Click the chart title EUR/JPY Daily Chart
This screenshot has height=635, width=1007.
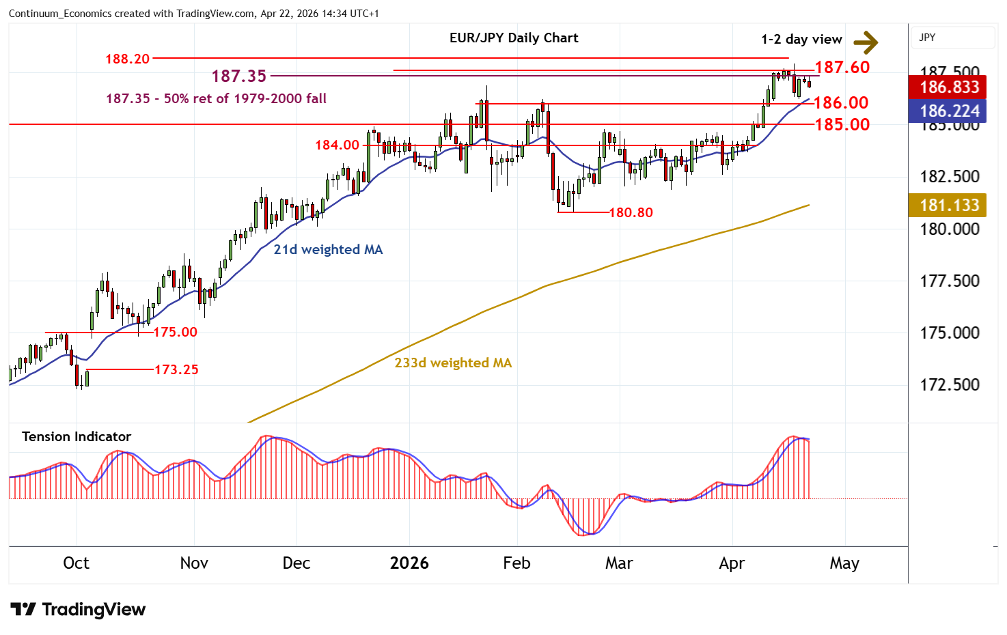(x=514, y=38)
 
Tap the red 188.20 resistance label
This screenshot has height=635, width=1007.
(x=127, y=59)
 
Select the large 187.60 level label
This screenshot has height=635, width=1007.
(x=842, y=67)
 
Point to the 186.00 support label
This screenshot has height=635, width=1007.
(x=841, y=102)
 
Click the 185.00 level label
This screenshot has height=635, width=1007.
(x=842, y=124)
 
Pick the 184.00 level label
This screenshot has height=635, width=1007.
(x=337, y=145)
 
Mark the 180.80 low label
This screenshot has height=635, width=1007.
(x=631, y=212)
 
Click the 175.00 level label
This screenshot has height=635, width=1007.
(x=175, y=332)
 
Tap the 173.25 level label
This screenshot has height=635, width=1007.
(x=176, y=369)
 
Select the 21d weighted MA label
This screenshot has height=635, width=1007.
(x=328, y=249)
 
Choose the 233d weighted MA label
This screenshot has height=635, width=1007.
(x=453, y=363)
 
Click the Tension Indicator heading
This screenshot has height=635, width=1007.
(x=77, y=436)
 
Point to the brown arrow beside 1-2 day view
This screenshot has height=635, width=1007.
(x=866, y=42)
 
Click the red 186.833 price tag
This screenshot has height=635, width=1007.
(x=949, y=87)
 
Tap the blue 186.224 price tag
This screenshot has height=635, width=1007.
(x=949, y=111)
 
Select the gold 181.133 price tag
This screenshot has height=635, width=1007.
(x=949, y=205)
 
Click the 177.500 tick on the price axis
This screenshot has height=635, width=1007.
(x=949, y=281)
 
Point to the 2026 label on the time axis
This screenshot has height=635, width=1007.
(x=409, y=563)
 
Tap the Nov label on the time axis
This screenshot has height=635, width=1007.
(x=194, y=563)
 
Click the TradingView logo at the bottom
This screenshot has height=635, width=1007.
(x=78, y=610)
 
